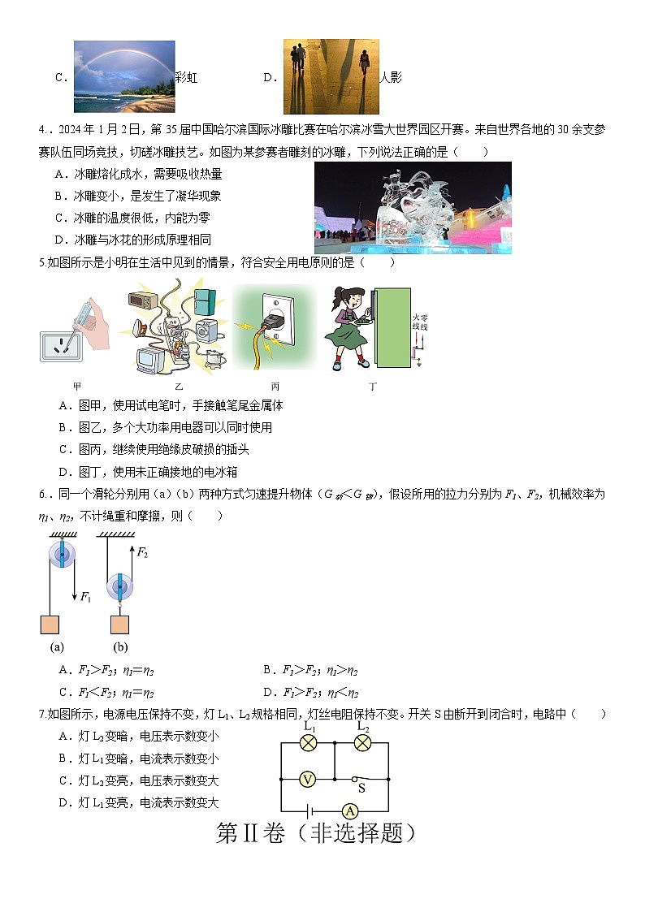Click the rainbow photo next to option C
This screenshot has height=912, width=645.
pyautogui.click(x=124, y=76)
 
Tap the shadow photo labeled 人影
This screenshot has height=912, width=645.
pyautogui.click(x=331, y=76)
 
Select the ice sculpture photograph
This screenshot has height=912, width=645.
pyautogui.click(x=413, y=208)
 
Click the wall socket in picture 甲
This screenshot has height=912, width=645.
pyautogui.click(x=63, y=344)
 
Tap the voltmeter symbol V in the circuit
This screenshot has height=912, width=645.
pyautogui.click(x=307, y=779)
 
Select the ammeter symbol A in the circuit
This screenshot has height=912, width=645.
pyautogui.click(x=349, y=810)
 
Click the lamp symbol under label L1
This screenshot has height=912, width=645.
pyautogui.click(x=309, y=742)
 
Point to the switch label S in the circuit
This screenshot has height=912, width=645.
pyautogui.click(x=361, y=788)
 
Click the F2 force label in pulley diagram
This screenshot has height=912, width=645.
pyautogui.click(x=142, y=553)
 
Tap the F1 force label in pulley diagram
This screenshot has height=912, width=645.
pyautogui.click(x=85, y=597)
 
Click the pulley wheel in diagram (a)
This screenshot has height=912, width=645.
pyautogui.click(x=63, y=555)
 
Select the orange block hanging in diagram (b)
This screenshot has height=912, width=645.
pyautogui.click(x=119, y=625)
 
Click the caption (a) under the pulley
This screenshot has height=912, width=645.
pyautogui.click(x=57, y=647)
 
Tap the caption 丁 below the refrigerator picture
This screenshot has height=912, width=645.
pyautogui.click(x=373, y=387)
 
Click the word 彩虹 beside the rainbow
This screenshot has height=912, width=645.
pyautogui.click(x=187, y=78)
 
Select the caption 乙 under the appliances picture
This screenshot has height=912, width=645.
pyautogui.click(x=179, y=387)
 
